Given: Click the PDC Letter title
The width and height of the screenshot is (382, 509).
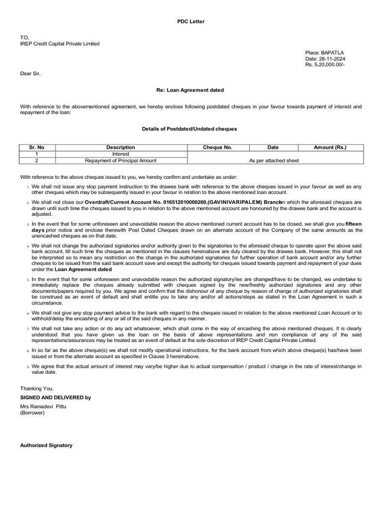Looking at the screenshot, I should (191, 21).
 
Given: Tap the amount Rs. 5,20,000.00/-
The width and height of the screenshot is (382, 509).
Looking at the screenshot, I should (325, 65).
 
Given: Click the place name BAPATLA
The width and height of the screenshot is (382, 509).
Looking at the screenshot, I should (333, 52).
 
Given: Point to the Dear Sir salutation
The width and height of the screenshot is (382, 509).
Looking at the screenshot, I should (30, 74).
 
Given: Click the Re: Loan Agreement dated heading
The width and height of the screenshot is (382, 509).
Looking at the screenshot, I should (191, 90).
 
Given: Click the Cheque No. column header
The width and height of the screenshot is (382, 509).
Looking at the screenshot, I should (217, 147).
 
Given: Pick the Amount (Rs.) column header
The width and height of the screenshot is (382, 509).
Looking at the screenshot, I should (330, 147).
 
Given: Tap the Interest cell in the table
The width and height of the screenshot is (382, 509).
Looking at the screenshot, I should (120, 154).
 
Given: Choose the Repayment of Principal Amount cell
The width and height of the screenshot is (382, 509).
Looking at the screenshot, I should (120, 161).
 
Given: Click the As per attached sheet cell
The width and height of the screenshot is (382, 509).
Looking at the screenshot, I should (274, 161).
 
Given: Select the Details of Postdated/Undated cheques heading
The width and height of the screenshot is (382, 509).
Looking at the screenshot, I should (190, 129).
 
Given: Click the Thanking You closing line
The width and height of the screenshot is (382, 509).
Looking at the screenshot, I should (36, 388).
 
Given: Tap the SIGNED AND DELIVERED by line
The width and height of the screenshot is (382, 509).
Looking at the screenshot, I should (55, 398).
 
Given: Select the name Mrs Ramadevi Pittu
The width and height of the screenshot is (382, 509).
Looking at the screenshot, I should (43, 407).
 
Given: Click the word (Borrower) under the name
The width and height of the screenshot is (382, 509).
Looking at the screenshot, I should (32, 413).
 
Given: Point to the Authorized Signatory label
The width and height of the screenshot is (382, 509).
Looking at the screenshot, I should (46, 445).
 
